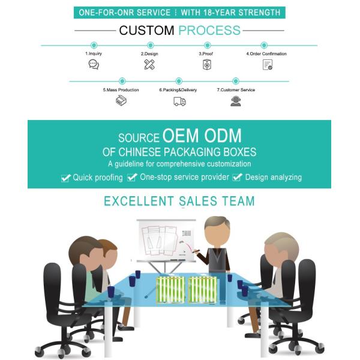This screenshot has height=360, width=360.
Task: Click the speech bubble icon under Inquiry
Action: [x=94, y=64]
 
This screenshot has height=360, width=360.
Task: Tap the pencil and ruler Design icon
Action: [x=149, y=64]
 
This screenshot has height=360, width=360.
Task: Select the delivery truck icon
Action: [x=179, y=101]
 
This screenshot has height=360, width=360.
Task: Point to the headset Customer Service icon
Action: [x=236, y=101]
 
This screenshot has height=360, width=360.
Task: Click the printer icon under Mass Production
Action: [x=121, y=101]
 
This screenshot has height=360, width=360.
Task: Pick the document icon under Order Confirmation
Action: [x=268, y=65]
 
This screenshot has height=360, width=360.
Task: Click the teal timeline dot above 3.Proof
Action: [x=208, y=45]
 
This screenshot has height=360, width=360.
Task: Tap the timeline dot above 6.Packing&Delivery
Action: [x=179, y=81]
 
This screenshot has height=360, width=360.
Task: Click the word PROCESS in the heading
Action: [x=209, y=31]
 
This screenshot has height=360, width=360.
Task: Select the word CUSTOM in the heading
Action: [x=146, y=31]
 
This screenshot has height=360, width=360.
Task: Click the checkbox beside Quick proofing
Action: [x=66, y=178]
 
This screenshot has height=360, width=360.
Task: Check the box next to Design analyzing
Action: [x=238, y=177]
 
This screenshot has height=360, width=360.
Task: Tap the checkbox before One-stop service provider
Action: [x=132, y=177]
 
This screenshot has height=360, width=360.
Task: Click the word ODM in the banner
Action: [x=223, y=136]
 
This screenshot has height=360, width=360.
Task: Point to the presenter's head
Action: [x=217, y=232]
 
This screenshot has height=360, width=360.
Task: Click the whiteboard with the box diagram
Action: [x=166, y=241]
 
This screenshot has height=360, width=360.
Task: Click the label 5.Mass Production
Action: [x=121, y=90]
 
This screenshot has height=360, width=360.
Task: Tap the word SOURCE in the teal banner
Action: [x=139, y=138]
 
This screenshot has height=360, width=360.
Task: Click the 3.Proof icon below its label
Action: [x=207, y=65]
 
